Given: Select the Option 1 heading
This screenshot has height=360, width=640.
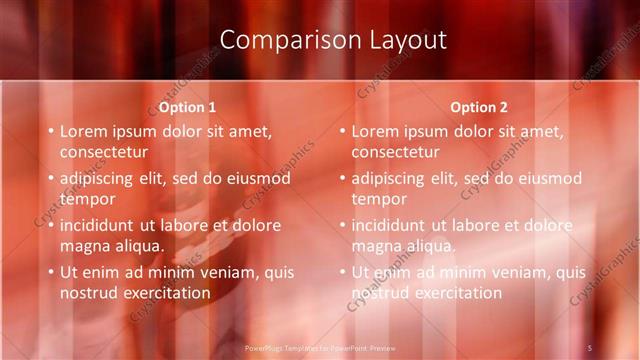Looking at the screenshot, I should (187, 107).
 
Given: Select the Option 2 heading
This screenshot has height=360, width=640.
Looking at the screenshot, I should (479, 107).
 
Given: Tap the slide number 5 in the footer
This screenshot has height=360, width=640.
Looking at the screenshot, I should (589, 347).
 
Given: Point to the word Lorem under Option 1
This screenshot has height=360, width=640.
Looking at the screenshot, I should (84, 131).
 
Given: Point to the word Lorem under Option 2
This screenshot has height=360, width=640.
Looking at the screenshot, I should (376, 131).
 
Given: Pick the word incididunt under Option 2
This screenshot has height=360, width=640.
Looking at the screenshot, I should (391, 225).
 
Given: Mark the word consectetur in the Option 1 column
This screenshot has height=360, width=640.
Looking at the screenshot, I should (104, 152).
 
